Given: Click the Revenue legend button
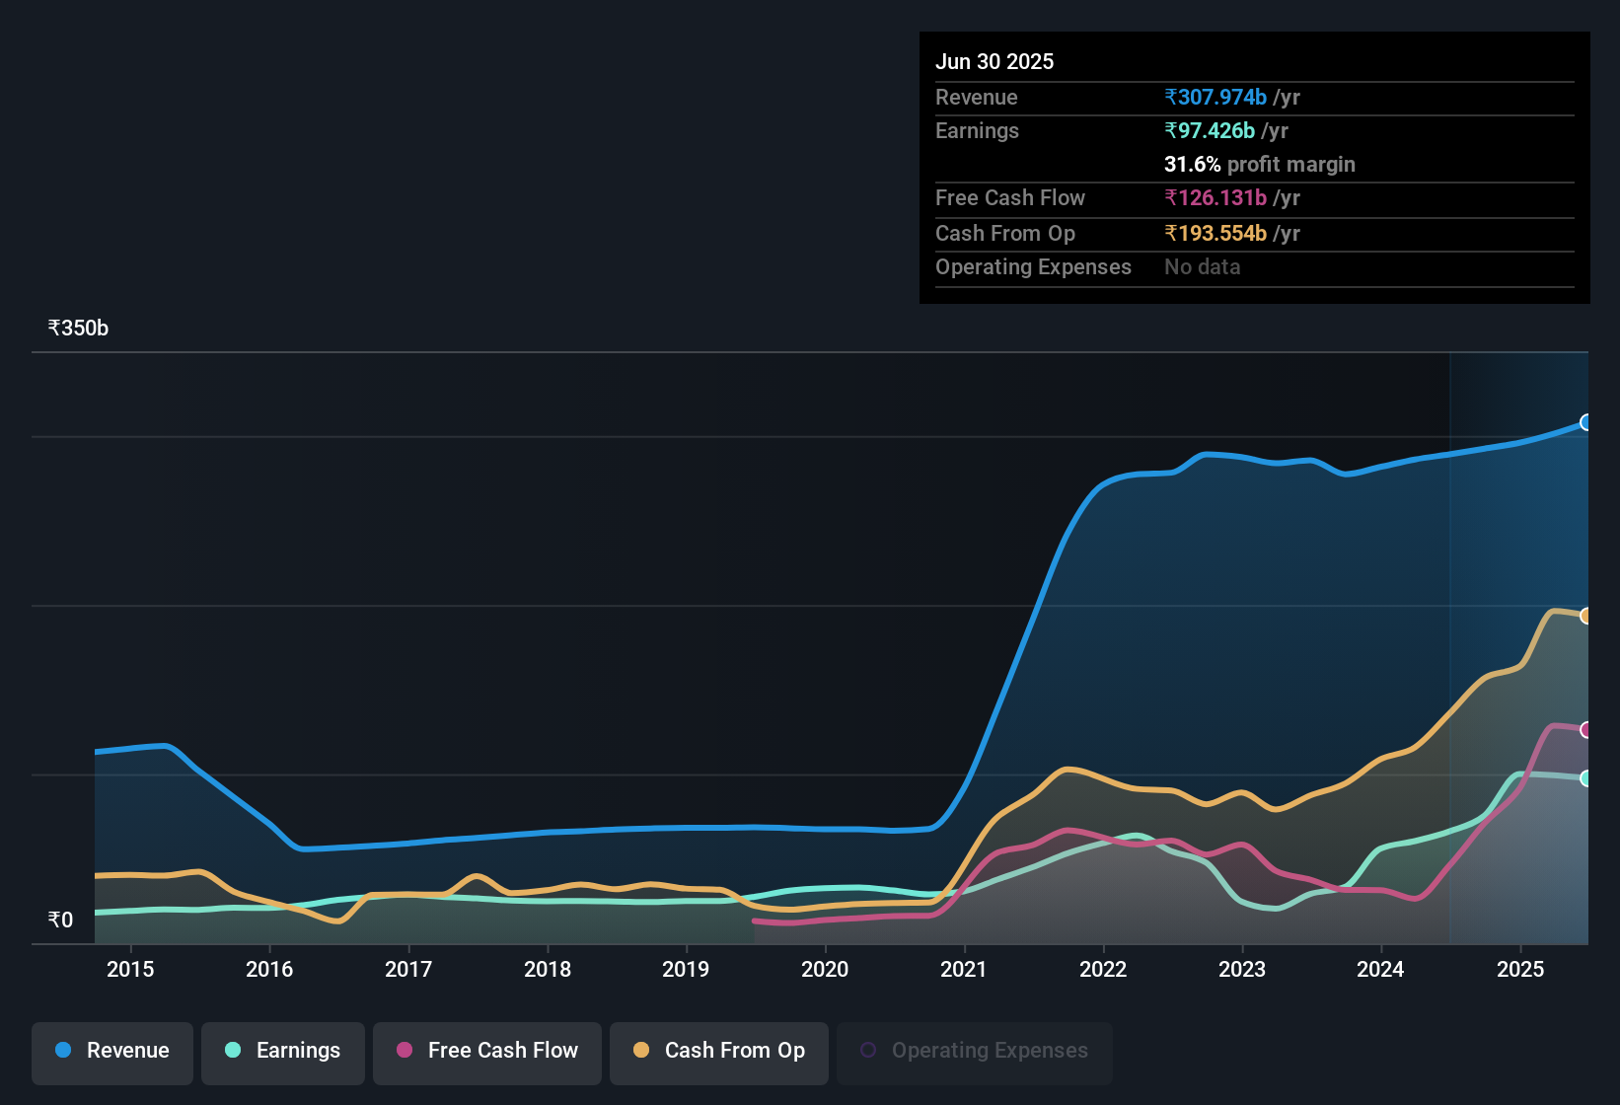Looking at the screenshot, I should [x=112, y=1051].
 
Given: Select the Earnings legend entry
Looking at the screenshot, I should [x=283, y=1051].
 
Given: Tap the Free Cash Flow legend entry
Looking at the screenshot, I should [x=487, y=1051].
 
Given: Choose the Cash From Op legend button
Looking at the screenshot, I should [x=719, y=1051].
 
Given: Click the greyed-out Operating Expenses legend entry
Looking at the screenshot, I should [x=975, y=1051].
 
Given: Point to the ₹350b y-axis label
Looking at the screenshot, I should [x=78, y=329].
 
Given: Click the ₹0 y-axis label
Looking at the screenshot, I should [x=61, y=921].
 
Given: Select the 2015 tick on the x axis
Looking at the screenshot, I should [x=130, y=970].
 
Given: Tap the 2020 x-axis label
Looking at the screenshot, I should [x=825, y=970].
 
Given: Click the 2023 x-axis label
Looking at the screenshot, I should [x=1242, y=970].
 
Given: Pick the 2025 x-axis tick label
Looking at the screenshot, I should [x=1520, y=970].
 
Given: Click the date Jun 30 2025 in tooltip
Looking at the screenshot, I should [x=994, y=62].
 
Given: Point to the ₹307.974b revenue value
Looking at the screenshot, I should [x=1215, y=98].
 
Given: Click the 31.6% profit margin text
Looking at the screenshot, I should [x=1259, y=165].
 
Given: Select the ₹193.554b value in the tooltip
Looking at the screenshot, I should [x=1215, y=234].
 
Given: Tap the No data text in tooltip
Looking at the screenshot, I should [x=1202, y=267].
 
